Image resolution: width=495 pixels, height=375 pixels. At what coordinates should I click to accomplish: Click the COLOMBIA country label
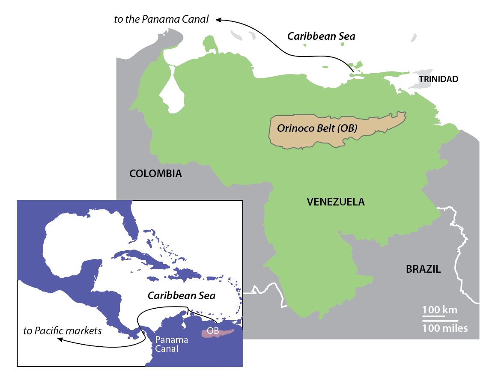[155, 174]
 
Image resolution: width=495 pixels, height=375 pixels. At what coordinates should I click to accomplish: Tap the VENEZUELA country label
[336, 202]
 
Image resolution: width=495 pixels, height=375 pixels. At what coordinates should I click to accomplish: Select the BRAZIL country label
[423, 269]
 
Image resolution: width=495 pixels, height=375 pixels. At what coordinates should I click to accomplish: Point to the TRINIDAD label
[438, 79]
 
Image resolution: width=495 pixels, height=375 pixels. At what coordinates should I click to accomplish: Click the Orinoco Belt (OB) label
[317, 128]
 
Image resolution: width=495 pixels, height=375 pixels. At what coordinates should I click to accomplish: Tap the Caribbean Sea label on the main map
[321, 36]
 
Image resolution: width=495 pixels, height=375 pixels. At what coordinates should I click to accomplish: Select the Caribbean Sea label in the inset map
[182, 296]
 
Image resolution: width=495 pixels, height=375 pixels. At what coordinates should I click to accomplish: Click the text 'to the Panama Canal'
[161, 19]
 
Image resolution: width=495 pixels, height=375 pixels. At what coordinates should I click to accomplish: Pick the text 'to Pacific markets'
[63, 330]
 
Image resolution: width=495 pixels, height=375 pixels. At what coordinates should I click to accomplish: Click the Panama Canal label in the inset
[172, 344]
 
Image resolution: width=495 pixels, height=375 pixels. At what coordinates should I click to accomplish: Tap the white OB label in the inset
[213, 331]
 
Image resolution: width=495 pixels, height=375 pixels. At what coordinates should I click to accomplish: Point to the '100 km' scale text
[440, 310]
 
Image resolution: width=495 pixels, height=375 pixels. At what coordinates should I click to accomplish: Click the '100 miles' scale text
[445, 328]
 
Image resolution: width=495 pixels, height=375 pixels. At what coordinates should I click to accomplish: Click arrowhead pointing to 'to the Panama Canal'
[218, 19]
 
